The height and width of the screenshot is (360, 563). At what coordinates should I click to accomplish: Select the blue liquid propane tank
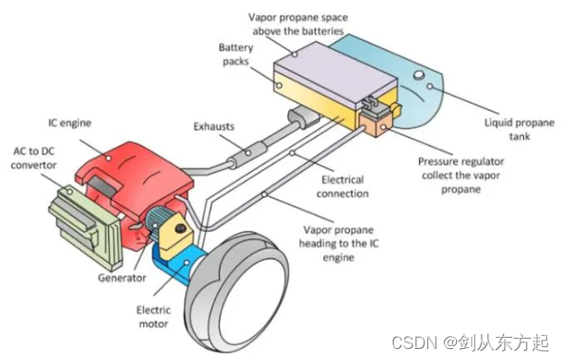[413, 83]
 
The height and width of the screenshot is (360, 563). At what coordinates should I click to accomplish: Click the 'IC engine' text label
[69, 123]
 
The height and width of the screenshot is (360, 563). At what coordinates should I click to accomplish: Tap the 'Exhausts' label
[214, 126]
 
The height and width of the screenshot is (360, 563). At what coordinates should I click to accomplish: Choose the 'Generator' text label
[122, 278]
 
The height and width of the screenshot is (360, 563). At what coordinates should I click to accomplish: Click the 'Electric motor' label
[153, 317]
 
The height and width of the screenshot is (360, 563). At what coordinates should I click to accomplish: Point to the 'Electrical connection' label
[342, 186]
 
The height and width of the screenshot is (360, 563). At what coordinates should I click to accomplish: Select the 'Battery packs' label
[236, 54]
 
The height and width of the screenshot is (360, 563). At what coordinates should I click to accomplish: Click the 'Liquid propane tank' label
[520, 129]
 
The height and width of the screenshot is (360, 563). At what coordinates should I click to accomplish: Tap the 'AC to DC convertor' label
[34, 158]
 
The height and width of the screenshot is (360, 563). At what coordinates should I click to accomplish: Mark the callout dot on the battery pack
[279, 86]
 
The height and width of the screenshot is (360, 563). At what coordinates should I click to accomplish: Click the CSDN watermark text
[471, 342]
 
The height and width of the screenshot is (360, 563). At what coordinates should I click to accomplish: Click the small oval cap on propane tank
[419, 76]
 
